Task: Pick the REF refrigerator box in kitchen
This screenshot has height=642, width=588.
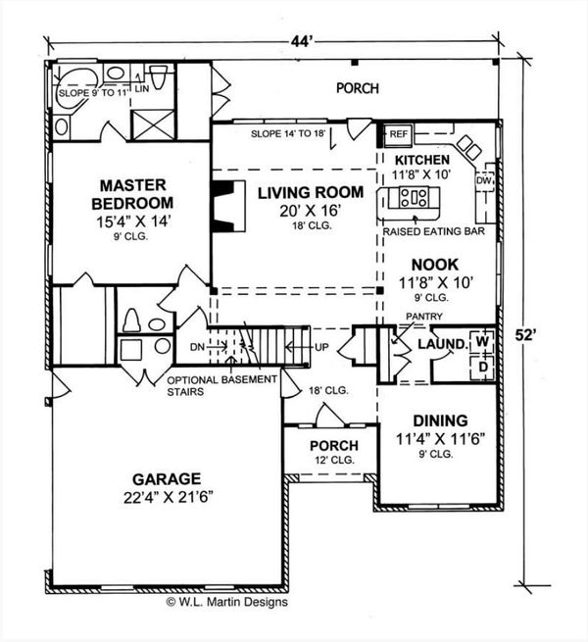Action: [x=399, y=132]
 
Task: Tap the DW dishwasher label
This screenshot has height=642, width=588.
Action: [x=482, y=181]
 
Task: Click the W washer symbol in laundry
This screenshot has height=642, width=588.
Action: [x=481, y=342]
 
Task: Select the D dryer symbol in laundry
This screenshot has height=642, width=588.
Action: [x=481, y=365]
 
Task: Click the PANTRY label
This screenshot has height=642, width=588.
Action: [x=427, y=316]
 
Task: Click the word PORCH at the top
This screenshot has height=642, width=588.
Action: [x=357, y=87]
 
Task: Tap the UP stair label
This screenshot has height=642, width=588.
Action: [x=320, y=347]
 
